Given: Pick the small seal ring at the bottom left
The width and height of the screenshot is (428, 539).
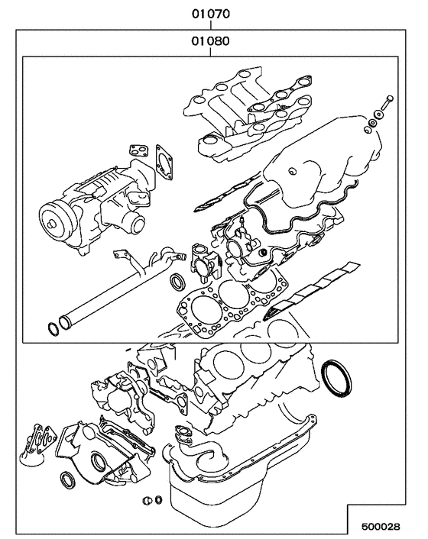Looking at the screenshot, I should (68, 480).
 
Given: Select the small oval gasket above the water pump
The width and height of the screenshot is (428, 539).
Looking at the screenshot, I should (138, 147).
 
